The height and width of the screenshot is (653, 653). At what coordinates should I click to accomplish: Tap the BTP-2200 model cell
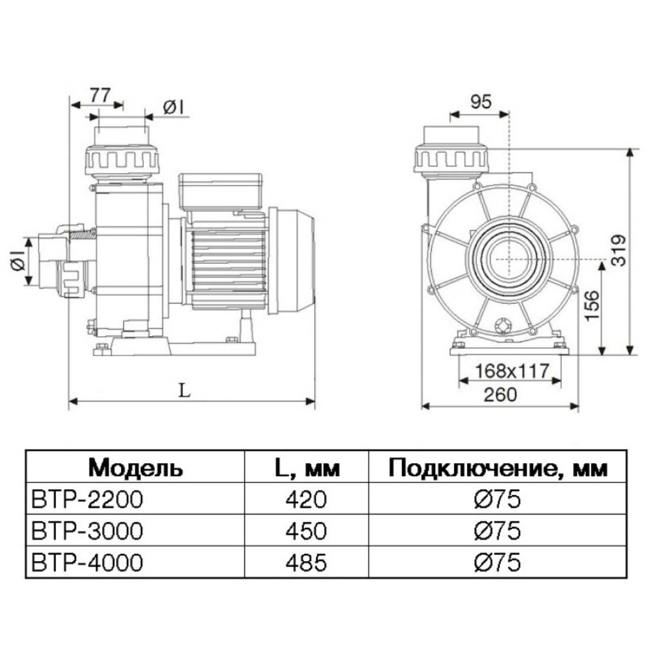(86, 499)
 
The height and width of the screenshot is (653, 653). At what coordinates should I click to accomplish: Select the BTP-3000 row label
(86, 531)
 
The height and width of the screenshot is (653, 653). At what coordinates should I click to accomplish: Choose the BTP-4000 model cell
(86, 563)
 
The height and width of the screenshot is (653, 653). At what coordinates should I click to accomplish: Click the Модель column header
(135, 467)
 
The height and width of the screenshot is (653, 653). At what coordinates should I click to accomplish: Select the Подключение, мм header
(498, 467)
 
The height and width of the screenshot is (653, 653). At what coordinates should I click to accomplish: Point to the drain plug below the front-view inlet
(502, 326)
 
